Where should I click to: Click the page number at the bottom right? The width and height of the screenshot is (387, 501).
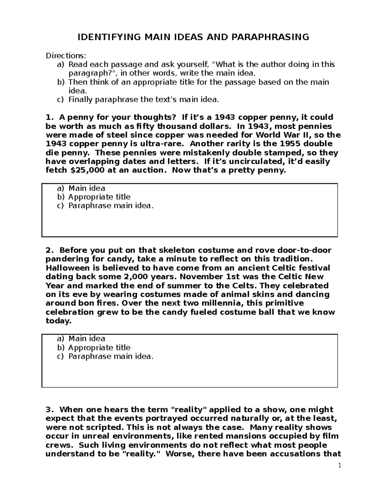pos(339,466)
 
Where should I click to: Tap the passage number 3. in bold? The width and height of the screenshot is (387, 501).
pos(49,410)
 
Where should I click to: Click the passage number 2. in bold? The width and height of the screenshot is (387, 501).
pos(49,250)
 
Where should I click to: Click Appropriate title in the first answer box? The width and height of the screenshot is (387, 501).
pos(99,197)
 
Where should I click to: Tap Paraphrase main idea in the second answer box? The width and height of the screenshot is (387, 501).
pos(111,356)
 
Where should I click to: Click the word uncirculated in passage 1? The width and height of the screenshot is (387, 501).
pos(259,161)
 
